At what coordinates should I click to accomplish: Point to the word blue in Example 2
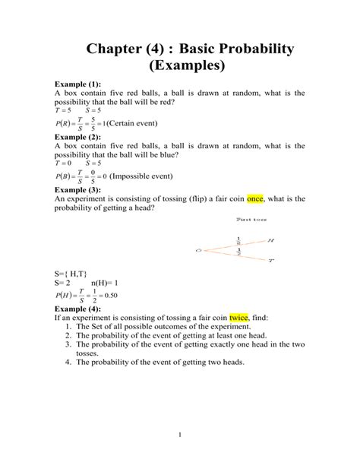166,154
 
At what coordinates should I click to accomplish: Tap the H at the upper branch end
271,239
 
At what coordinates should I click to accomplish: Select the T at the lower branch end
271,260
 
